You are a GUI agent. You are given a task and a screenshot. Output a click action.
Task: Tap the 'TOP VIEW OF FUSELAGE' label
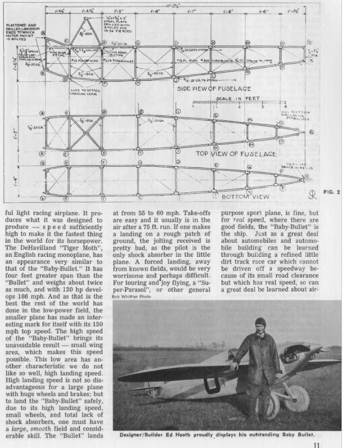pyautogui.click(x=235, y=154)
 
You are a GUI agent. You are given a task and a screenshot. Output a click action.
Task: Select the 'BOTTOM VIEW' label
pyautogui.click(x=245, y=196)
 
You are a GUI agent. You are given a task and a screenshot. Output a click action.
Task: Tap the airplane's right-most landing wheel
pyautogui.click(x=293, y=403)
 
